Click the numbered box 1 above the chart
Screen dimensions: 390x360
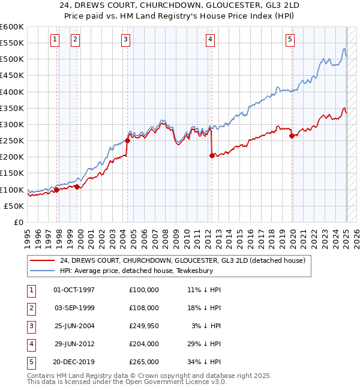55,40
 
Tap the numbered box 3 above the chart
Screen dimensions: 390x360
125,40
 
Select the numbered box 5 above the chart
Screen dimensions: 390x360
290,40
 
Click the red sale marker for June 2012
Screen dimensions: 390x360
212,155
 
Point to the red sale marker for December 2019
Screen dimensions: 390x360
292,136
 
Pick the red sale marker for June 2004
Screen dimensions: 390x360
127,141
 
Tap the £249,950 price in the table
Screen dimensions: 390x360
144,326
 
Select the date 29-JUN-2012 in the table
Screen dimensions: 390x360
74,344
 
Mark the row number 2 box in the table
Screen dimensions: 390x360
30,308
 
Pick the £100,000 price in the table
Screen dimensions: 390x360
144,290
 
